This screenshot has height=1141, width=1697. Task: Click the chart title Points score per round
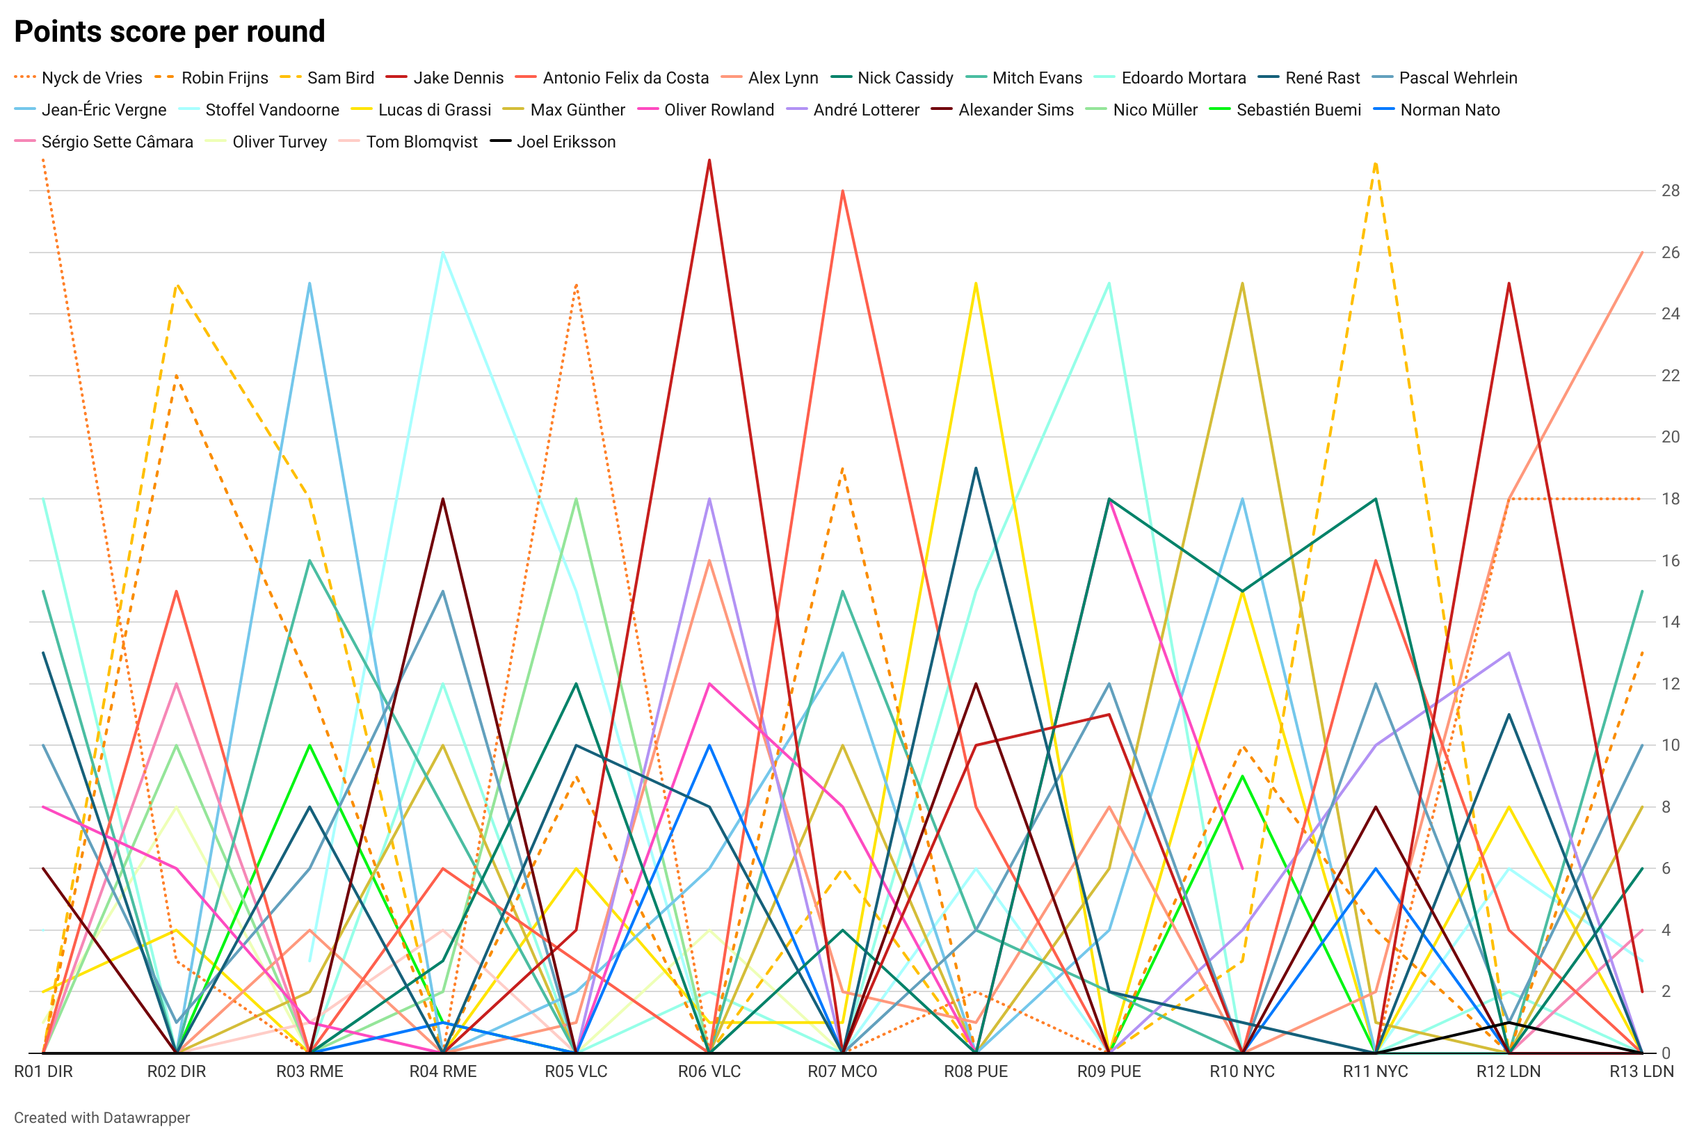(170, 32)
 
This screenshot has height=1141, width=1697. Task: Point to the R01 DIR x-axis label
(44, 1071)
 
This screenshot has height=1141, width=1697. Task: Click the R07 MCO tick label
(842, 1071)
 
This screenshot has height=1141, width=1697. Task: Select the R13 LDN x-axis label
(1641, 1071)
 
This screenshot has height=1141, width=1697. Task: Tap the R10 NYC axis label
(1241, 1071)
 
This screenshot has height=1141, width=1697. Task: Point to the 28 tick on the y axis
(1670, 191)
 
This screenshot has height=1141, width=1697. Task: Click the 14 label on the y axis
(1670, 622)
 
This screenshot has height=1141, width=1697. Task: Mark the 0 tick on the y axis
(1666, 1053)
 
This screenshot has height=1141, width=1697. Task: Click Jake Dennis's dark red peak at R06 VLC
(709, 160)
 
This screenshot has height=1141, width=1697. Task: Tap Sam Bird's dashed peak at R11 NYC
(1376, 163)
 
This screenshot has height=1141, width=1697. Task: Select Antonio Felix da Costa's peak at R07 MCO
(842, 191)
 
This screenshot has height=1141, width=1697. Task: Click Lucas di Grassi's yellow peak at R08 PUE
(976, 283)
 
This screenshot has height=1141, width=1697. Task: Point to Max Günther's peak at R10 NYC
(1242, 283)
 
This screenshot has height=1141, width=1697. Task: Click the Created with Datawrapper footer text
(102, 1118)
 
